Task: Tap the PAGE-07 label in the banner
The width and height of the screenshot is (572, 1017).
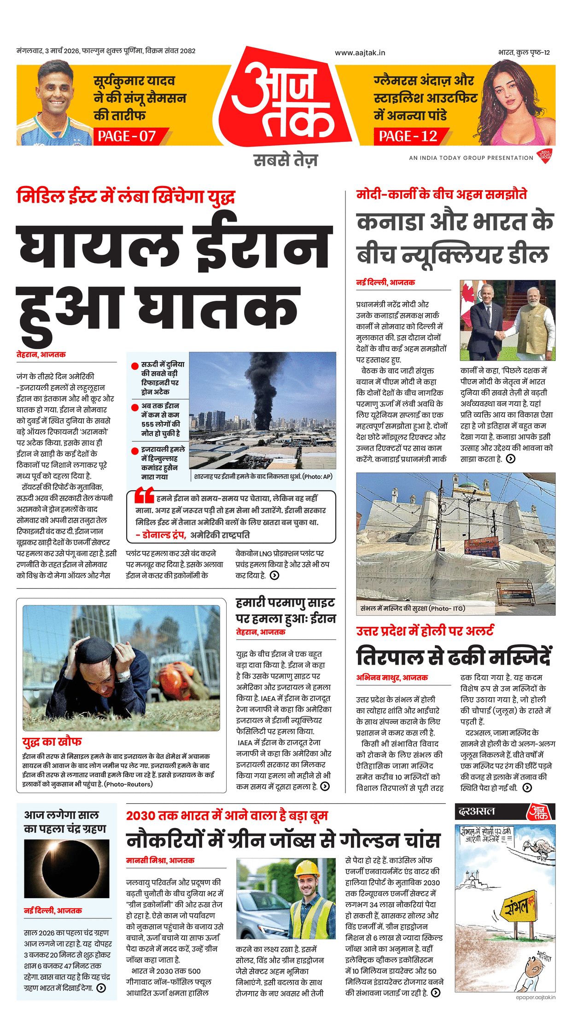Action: tap(127, 136)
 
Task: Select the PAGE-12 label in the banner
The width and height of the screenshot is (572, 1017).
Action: tap(408, 136)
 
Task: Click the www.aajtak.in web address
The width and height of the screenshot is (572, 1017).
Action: tap(360, 53)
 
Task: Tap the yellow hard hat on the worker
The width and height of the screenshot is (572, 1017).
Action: tap(307, 868)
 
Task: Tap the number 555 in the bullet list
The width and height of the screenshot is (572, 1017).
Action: tap(148, 424)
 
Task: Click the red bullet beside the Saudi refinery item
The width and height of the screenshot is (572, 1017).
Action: tap(135, 366)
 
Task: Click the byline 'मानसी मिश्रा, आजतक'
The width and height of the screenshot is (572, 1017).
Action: tap(160, 860)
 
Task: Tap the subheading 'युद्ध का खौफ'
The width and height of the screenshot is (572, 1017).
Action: tap(52, 742)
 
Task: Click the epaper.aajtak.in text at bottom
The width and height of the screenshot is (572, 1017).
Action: tap(536, 997)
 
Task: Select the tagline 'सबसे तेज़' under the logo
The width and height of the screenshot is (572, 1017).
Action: tap(286, 160)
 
